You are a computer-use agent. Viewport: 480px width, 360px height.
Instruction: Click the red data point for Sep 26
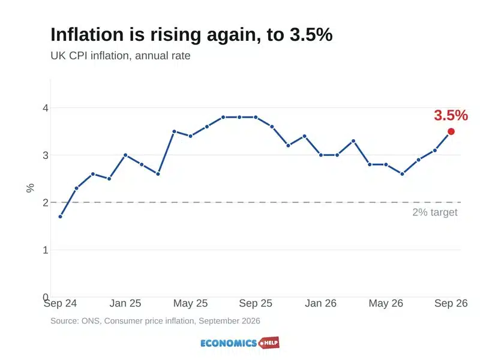click(x=451, y=131)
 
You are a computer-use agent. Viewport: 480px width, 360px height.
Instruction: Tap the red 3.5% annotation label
click(x=451, y=115)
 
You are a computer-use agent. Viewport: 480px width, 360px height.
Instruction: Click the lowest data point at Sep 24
click(x=61, y=217)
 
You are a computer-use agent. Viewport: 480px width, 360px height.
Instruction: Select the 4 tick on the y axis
click(x=46, y=108)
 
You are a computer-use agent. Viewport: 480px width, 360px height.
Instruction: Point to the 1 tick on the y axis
click(x=46, y=250)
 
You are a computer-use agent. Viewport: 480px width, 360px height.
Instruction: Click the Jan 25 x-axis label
click(x=125, y=303)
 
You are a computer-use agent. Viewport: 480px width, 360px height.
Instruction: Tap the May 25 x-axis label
click(x=190, y=303)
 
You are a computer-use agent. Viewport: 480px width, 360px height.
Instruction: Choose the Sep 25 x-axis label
click(x=256, y=303)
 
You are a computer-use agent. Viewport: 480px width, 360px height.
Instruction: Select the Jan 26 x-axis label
click(x=320, y=303)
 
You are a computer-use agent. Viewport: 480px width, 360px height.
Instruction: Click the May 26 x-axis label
click(x=386, y=303)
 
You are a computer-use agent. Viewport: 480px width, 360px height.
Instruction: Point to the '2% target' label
click(x=434, y=212)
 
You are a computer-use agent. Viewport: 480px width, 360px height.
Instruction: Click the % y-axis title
click(x=30, y=188)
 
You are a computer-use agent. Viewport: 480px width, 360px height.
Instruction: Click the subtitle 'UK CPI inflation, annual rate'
click(x=121, y=56)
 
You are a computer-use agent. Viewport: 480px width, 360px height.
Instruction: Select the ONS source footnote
click(x=155, y=321)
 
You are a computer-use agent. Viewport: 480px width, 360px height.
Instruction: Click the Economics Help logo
click(x=239, y=343)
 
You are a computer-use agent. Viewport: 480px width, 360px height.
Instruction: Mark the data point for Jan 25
click(x=125, y=155)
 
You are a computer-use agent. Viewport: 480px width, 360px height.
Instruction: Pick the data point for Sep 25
click(x=256, y=117)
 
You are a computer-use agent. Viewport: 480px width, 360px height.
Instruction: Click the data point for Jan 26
click(x=321, y=155)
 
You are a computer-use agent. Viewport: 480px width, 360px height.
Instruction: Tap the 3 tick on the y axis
click(x=46, y=155)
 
